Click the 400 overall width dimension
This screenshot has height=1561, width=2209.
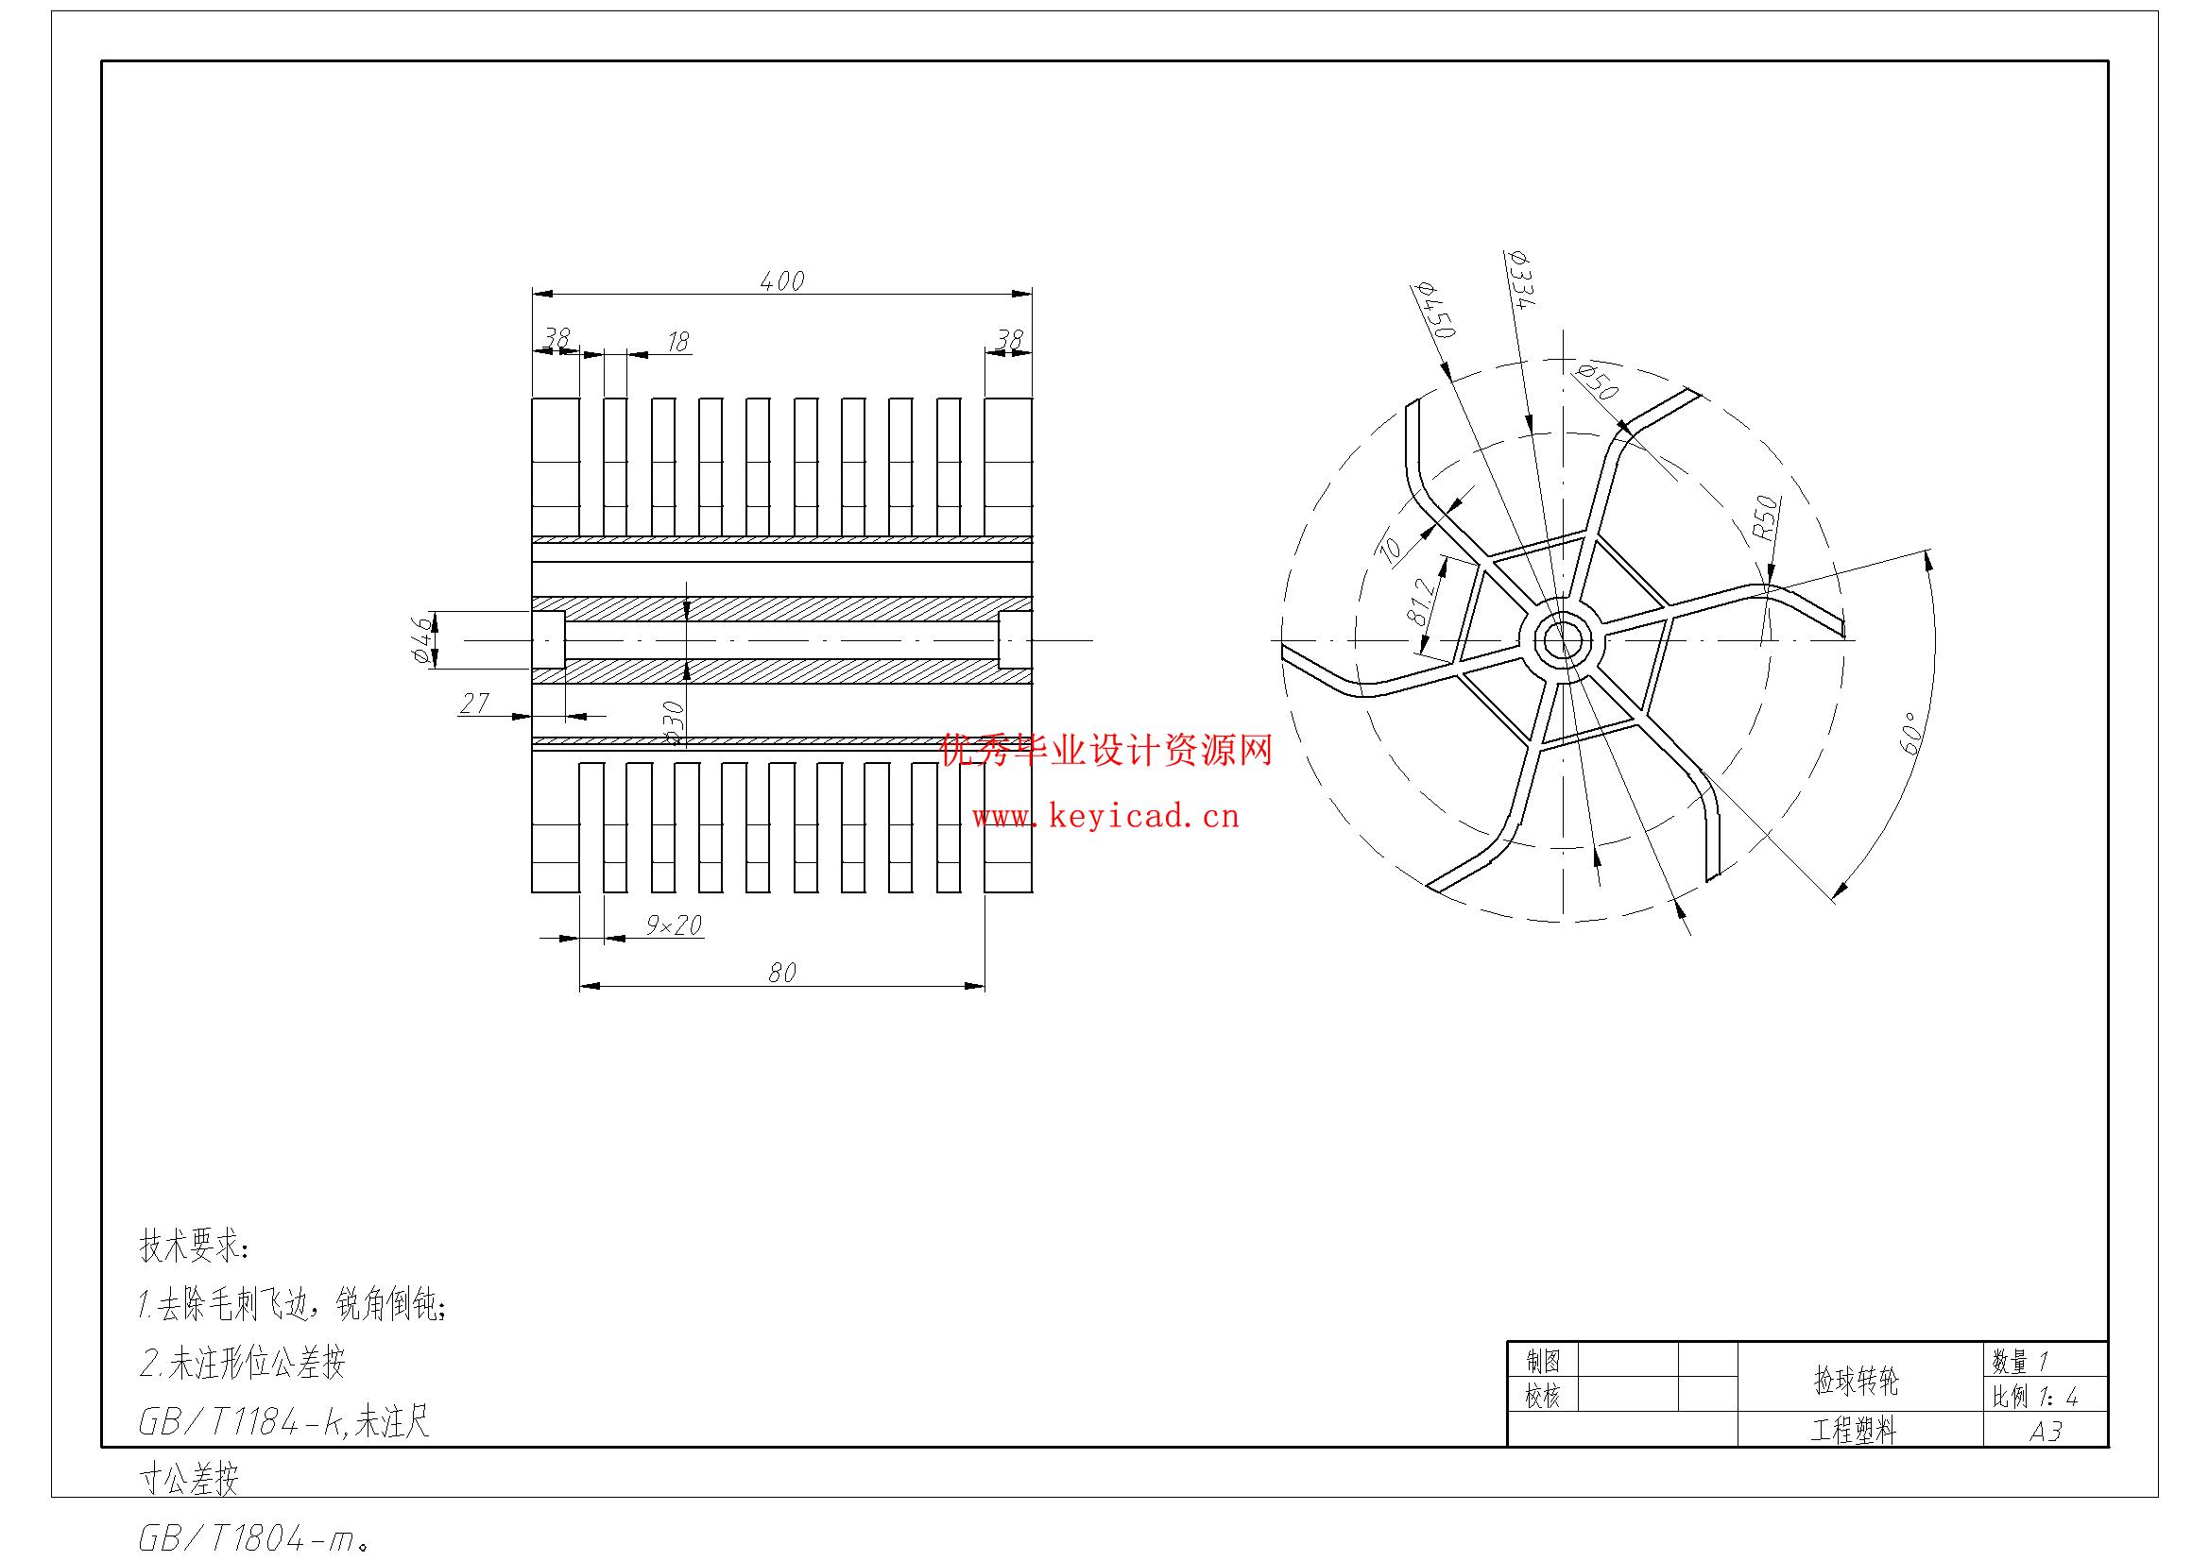coord(781,280)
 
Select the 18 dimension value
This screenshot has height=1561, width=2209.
coord(678,342)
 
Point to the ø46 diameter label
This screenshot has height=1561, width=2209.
coord(420,640)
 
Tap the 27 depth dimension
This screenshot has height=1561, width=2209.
coord(474,704)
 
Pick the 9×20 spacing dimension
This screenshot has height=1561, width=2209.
coord(674,925)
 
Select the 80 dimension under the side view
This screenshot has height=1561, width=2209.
coord(781,974)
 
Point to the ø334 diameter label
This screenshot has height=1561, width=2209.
coord(1520,279)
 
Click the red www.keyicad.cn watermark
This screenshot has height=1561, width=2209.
coord(1105,818)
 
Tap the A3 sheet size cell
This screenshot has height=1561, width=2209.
coord(2046,1432)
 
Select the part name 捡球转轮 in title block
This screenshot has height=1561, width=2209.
coord(1856,1382)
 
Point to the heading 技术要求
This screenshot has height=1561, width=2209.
coord(196,1247)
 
